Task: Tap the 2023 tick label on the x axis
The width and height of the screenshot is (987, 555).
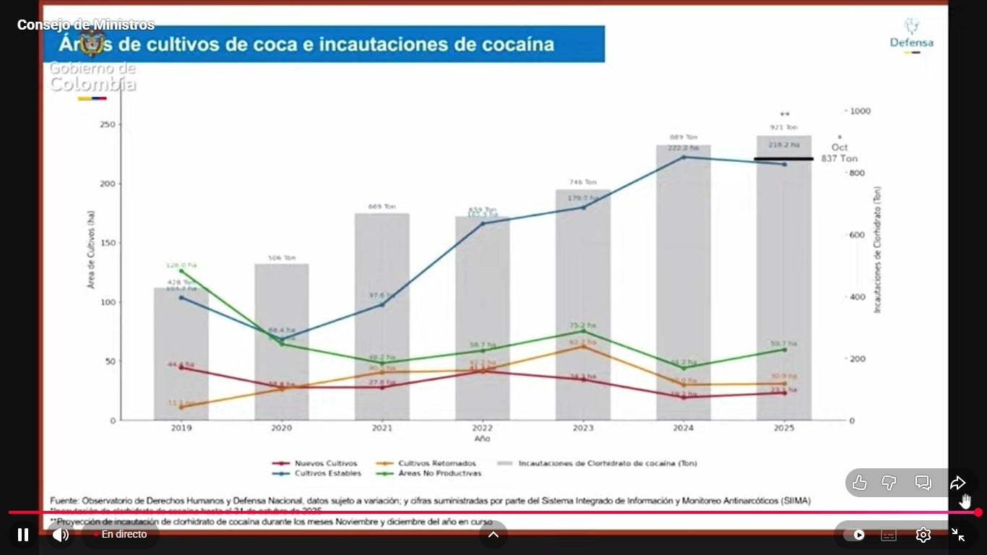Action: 582,428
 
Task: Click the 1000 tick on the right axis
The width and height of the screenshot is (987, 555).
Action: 861,111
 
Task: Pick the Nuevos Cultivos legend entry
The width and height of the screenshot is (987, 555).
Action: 315,463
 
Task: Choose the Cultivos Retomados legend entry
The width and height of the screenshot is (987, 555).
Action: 426,463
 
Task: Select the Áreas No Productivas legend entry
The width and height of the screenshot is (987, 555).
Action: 429,473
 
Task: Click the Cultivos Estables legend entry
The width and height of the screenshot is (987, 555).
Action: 315,473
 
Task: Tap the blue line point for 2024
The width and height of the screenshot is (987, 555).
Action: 683,157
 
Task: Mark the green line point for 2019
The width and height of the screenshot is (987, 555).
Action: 181,271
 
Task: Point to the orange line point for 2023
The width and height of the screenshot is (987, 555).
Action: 582,346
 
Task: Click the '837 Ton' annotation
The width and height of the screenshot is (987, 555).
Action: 839,159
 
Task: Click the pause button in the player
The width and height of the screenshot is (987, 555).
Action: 23,535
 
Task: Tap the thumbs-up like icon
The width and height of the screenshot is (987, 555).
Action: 859,483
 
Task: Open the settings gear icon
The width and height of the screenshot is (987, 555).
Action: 923,535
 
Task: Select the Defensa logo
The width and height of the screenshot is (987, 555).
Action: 911,35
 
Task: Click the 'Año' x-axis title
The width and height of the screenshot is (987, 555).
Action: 482,439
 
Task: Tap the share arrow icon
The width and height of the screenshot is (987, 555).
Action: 957,483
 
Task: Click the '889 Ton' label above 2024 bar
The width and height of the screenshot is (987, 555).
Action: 683,137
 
